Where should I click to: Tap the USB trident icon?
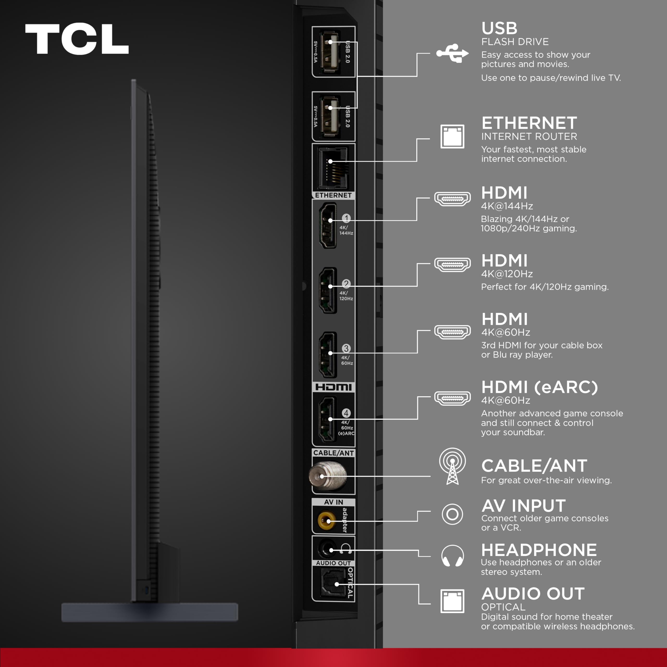(x=452, y=53)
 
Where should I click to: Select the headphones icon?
(x=452, y=555)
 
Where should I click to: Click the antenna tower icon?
(x=452, y=466)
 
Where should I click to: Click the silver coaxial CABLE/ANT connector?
(x=327, y=476)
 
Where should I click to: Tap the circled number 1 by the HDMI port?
(x=346, y=218)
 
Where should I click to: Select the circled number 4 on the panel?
(x=346, y=413)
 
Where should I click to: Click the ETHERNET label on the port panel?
(x=333, y=195)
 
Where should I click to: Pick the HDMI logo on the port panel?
(x=333, y=387)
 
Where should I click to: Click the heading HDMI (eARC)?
(x=539, y=387)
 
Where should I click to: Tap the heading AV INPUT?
(x=523, y=506)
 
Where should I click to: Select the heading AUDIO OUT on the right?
(x=533, y=594)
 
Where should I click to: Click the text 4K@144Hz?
(x=507, y=206)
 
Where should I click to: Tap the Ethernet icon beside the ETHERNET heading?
(x=452, y=136)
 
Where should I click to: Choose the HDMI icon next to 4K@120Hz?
(x=452, y=265)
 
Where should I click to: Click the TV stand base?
(x=150, y=612)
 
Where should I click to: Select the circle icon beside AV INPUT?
(x=452, y=514)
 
